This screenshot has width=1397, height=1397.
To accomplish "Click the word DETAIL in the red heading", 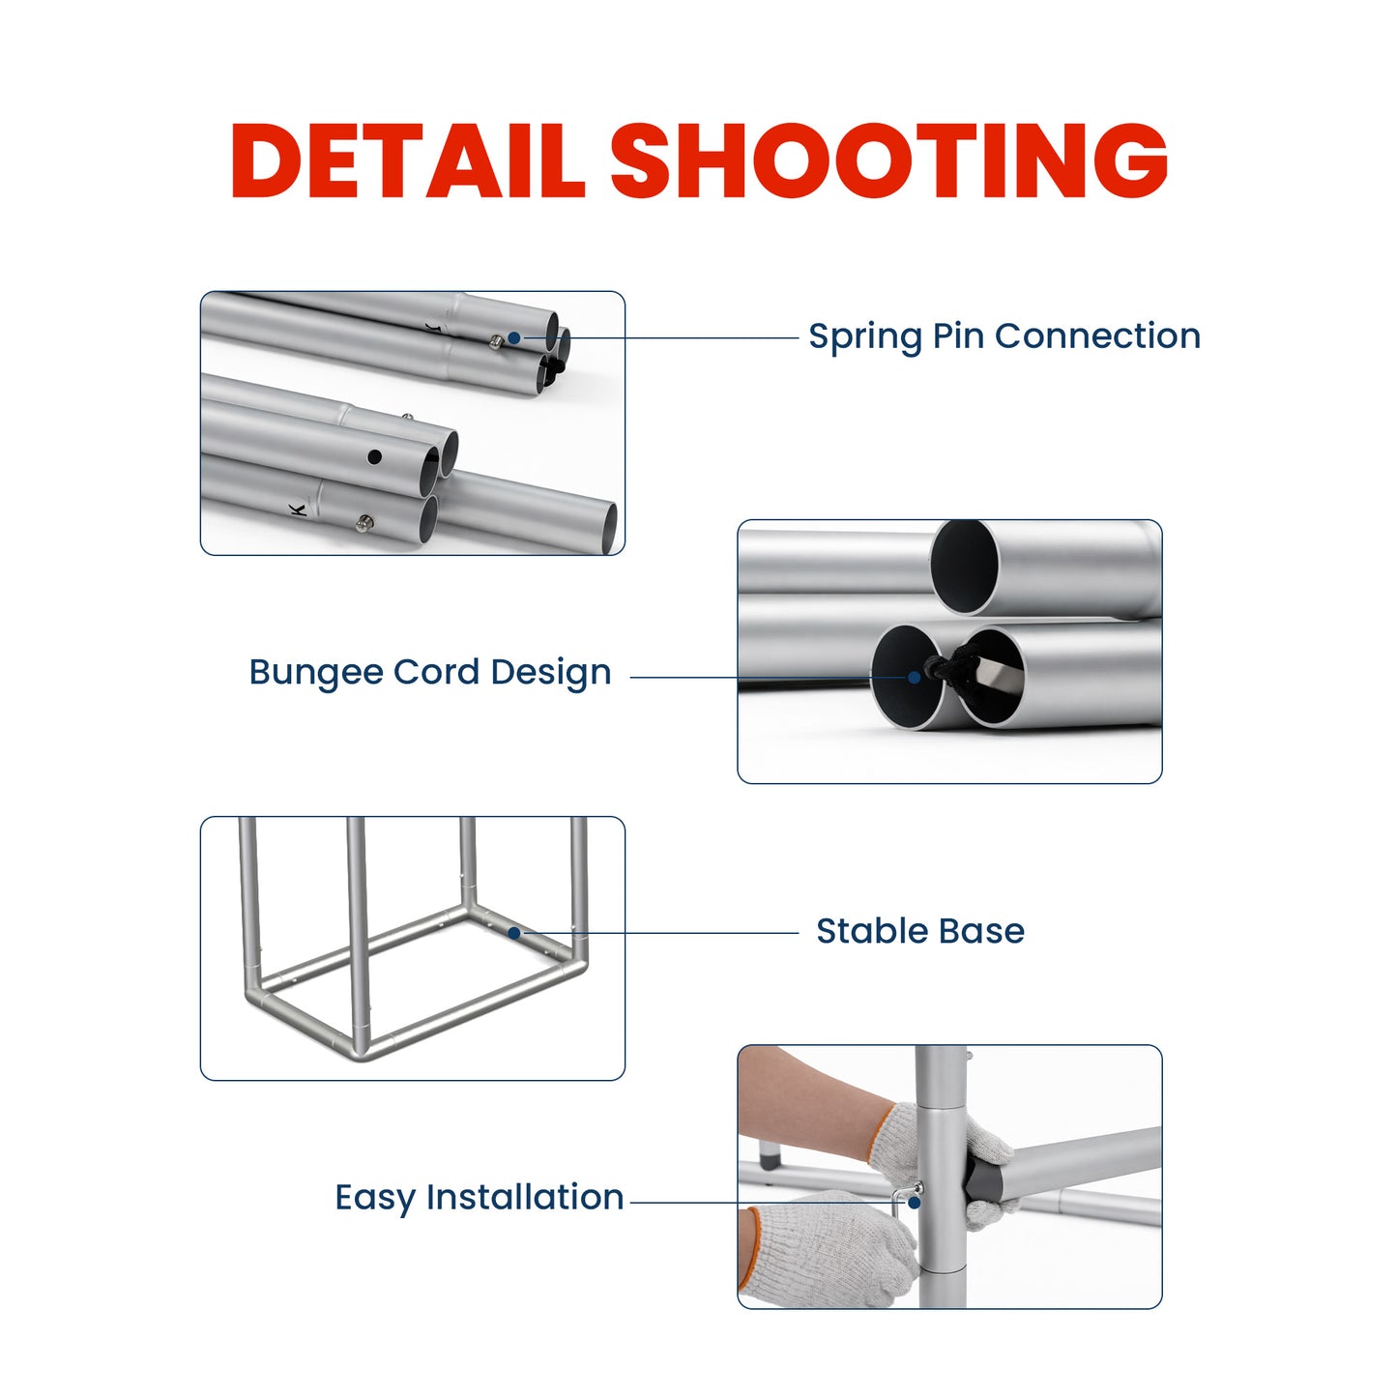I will pyautogui.click(x=407, y=160).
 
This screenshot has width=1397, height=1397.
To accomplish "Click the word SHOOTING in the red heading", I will pyautogui.click(x=888, y=160).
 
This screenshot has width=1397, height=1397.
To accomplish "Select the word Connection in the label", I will pyautogui.click(x=1097, y=336).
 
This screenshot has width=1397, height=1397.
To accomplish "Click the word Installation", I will pyautogui.click(x=525, y=1197).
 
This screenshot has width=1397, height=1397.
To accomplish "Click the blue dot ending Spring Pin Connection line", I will pyautogui.click(x=514, y=337).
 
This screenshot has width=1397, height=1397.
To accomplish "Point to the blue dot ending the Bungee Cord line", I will pyautogui.click(x=914, y=678).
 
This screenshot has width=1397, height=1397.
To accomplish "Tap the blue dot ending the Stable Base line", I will pyautogui.click(x=514, y=933).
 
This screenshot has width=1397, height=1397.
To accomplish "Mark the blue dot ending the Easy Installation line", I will pyautogui.click(x=914, y=1203).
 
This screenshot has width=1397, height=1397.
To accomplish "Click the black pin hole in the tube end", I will pyautogui.click(x=375, y=456).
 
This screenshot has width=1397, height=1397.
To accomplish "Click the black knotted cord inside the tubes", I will pyautogui.click(x=952, y=667).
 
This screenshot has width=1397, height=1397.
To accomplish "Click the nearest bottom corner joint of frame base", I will pyautogui.click(x=361, y=1049).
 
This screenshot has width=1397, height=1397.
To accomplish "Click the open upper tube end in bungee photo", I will pyautogui.click(x=964, y=568).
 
